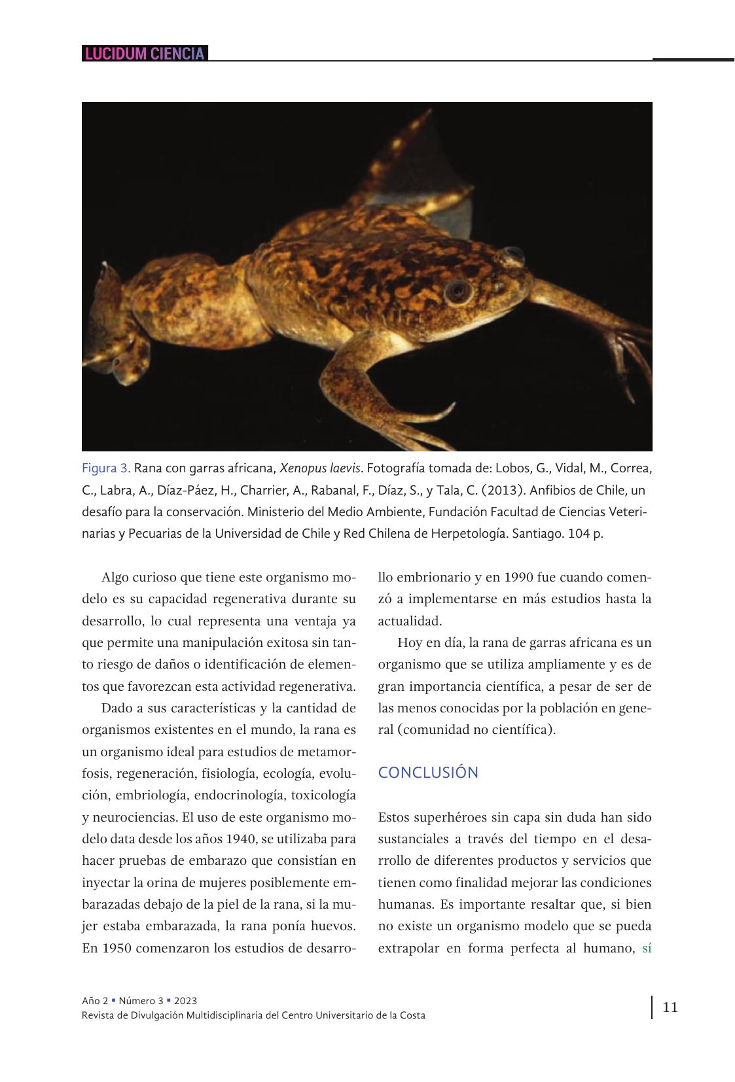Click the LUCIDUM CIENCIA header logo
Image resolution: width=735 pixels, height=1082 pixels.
tap(145, 54)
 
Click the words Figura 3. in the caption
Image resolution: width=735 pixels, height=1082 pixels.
tap(106, 468)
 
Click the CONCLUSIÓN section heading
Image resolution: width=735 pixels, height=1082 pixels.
tap(428, 773)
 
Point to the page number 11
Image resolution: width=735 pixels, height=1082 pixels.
tap(670, 1007)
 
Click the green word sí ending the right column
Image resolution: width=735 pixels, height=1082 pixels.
tap(646, 948)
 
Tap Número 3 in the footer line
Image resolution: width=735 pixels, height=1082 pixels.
tap(141, 1001)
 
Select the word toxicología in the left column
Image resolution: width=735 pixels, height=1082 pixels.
tap(323, 795)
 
